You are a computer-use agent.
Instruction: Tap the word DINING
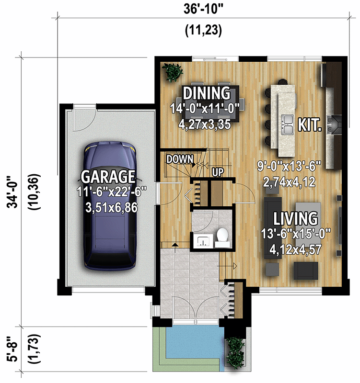[x=206, y=93]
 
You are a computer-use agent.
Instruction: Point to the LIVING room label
[x=295, y=219]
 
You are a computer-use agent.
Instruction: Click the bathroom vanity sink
[x=203, y=241]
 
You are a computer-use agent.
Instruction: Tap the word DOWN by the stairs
[x=180, y=158]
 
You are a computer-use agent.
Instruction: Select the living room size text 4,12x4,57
[x=295, y=249]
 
